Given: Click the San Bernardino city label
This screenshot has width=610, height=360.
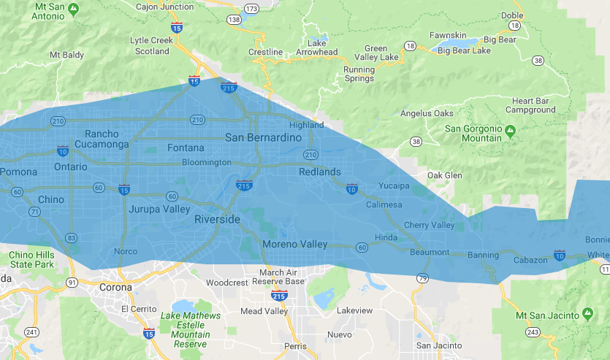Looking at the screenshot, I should pos(263,137).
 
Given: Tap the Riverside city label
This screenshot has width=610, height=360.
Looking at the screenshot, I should pos(217,219).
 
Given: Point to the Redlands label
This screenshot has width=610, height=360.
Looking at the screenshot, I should pos(320,172).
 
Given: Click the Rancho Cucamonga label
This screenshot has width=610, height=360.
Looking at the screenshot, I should pos(107,139).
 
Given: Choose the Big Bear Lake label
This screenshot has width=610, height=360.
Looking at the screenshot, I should pos(464,51).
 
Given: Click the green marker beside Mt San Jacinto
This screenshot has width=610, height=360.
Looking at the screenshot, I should pos(588,314).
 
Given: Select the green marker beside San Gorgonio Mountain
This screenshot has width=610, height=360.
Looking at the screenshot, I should pos(511,131).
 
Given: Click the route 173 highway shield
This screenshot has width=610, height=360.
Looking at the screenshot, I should pos(252,8).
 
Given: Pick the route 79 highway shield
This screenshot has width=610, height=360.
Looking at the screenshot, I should pos(422,278).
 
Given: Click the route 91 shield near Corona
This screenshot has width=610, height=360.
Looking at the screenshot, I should pos(72,281).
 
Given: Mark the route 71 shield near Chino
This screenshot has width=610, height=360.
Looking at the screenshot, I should pos(34,212).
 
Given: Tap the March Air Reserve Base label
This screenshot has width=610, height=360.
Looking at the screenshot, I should pos(282,277).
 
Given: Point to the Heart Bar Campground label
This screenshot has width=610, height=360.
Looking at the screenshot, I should pos(531,105).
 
